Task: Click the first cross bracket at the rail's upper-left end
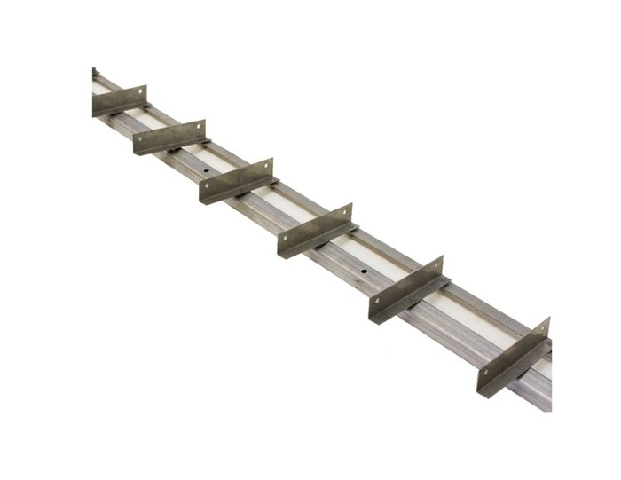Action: coord(119,100)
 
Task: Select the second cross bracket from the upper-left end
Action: coord(169,137)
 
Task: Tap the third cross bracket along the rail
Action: coord(236,180)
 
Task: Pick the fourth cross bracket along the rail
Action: coord(315,230)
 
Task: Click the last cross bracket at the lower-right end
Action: coord(514,356)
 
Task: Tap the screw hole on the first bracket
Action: coord(139,91)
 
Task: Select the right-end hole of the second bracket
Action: coord(199,126)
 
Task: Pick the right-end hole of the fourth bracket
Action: coord(346,211)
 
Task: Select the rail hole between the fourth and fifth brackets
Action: coord(364,267)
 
